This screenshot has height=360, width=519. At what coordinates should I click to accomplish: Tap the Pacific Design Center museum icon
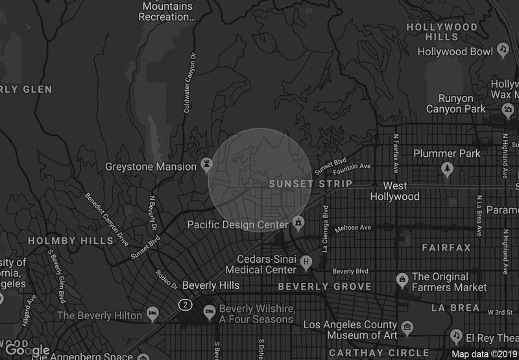[x=298, y=224]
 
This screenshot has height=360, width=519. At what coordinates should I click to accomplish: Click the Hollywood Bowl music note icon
[x=503, y=50]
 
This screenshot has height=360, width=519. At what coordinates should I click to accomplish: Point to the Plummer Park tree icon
[x=447, y=169]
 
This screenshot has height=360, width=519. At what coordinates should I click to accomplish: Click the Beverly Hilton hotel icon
[x=153, y=315]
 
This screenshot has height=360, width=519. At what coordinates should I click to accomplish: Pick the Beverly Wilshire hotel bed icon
[x=209, y=312]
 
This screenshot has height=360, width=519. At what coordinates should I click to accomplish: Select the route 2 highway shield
[x=187, y=304]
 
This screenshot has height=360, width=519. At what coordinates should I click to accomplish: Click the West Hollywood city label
[x=395, y=191]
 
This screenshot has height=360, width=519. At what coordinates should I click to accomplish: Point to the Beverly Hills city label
[x=211, y=285]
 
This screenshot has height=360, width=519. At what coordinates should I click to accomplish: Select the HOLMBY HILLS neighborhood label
[x=71, y=241]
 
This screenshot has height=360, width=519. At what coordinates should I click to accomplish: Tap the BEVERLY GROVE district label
[x=325, y=286]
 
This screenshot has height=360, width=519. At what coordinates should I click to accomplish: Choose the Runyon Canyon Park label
[x=456, y=103]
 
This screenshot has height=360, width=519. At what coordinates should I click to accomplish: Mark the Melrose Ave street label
[x=353, y=228]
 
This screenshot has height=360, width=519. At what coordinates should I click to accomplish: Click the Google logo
[x=28, y=351]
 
